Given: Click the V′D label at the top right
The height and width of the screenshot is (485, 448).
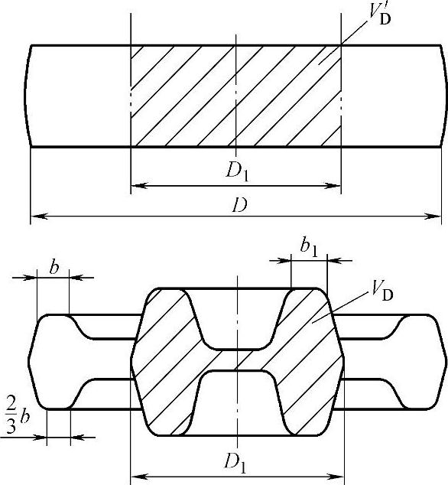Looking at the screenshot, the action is (x=380, y=15).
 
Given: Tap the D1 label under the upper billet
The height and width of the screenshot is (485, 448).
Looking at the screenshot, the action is (x=237, y=171).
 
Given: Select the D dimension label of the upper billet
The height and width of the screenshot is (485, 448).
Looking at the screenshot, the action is (x=239, y=205).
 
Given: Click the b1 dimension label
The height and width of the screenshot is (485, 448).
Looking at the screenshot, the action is (x=309, y=248).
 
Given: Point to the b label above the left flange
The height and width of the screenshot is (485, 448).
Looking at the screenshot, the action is (x=54, y=268).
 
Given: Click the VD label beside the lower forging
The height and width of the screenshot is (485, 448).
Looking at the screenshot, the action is (x=381, y=291).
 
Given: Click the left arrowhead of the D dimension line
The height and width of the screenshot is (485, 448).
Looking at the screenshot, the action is (x=40, y=216).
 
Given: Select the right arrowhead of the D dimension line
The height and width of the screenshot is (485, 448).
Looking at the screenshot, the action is (x=433, y=216).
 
